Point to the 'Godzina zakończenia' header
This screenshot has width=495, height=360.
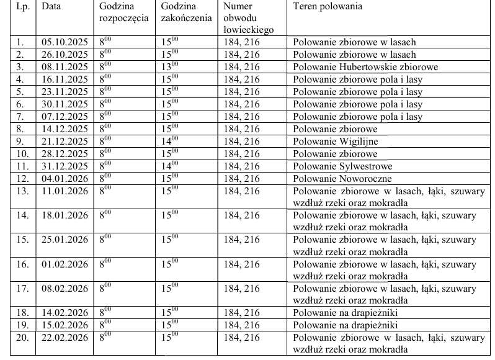(185, 12)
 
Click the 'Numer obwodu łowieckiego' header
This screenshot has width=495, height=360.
(246, 18)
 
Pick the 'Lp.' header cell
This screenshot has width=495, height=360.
(22, 6)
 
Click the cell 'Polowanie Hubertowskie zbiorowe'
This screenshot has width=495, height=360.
(365, 67)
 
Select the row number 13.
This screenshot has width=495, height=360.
(22, 191)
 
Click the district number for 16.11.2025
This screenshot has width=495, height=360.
(239, 79)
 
